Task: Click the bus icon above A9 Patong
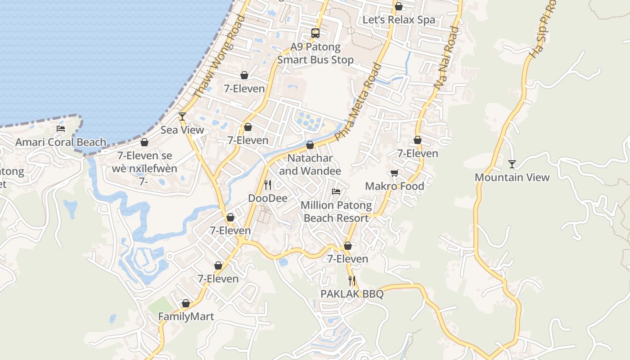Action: pos(315,33)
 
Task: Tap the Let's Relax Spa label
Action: pos(399,20)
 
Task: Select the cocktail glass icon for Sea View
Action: pos(182,117)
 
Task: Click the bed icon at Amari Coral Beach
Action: pos(61,129)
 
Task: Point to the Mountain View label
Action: pos(512,177)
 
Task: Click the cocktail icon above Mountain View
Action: pos(512,164)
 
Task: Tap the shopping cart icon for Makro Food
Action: pos(395,173)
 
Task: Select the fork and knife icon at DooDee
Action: pos(268,184)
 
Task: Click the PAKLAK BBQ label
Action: pos(352,294)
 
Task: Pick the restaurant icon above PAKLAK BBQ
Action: pos(352,281)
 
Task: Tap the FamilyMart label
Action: pos(186,316)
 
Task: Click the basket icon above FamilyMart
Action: pos(186,303)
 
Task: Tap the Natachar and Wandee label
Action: pos(310,165)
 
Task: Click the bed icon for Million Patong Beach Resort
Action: pos(336,192)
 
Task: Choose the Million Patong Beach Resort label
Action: pos(336,212)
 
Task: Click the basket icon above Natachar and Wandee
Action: pos(310,145)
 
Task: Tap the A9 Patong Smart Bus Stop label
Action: pos(315,53)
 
